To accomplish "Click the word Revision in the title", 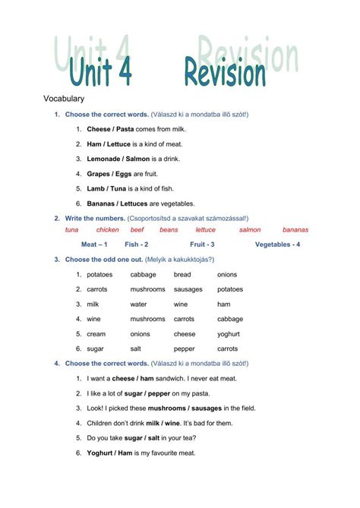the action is pyautogui.click(x=224, y=74).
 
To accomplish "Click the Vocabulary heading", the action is pyautogui.click(x=64, y=99).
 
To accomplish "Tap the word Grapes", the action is pyautogui.click(x=99, y=173).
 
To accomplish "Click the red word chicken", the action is pyautogui.click(x=107, y=229).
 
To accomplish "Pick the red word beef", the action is pyautogui.click(x=137, y=229).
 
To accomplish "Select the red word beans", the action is pyautogui.click(x=169, y=229).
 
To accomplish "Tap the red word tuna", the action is pyautogui.click(x=72, y=229).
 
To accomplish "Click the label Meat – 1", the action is pyautogui.click(x=94, y=245).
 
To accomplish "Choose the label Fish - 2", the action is pyautogui.click(x=137, y=245).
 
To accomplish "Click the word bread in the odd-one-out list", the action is pyautogui.click(x=182, y=274).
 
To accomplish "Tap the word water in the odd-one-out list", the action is pyautogui.click(x=138, y=304).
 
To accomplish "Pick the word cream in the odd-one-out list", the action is pyautogui.click(x=96, y=333).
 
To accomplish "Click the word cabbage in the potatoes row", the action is pyautogui.click(x=143, y=274).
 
